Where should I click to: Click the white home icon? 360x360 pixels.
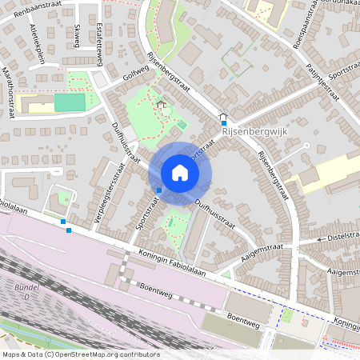180,173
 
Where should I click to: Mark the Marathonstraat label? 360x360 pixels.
12,91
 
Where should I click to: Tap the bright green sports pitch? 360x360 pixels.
70,102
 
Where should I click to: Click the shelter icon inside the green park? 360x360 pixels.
161,103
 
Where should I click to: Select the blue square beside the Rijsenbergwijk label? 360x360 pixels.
223,123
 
